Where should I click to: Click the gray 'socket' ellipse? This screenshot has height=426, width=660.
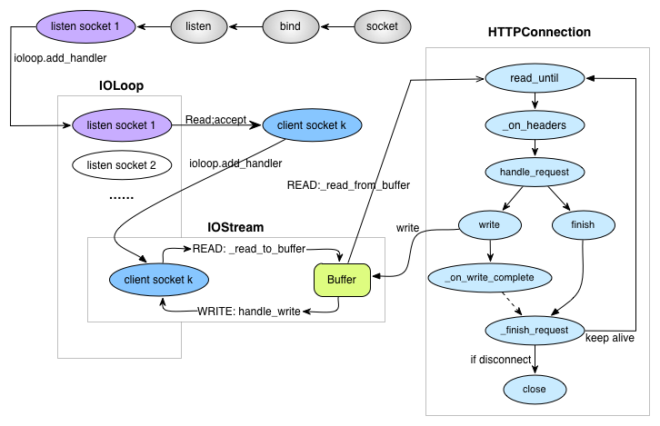pos(382,26)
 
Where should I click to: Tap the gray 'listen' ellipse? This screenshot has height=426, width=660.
pos(198,26)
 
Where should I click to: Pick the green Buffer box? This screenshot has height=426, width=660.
pos(342,279)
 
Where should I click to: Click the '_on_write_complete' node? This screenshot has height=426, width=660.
pos(490,277)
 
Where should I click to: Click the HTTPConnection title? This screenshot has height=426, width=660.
pos(539,33)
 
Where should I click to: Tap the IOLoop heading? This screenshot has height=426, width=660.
pos(121,85)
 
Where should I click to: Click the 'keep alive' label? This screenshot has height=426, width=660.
pos(609,337)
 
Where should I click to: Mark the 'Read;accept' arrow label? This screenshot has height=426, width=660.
pos(215,119)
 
